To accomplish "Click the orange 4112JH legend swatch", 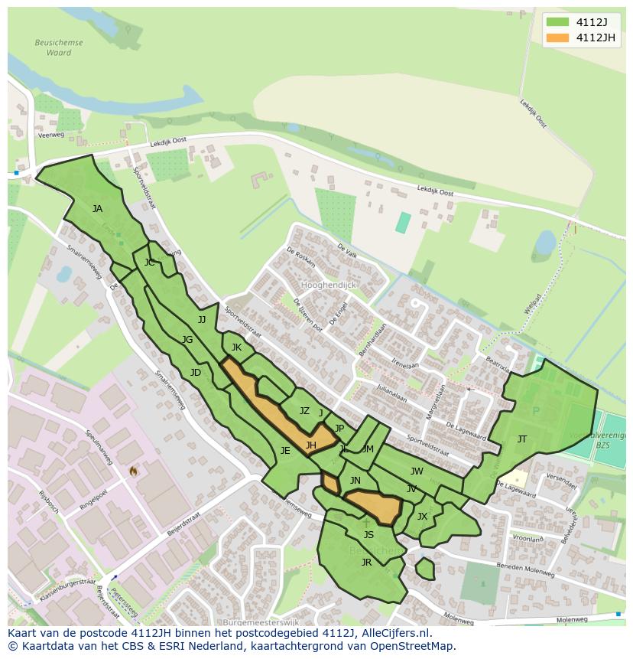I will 558,38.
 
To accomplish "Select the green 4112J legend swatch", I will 558,21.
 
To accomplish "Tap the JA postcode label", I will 97,209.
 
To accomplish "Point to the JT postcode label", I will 522,439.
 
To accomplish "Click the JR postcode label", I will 366,563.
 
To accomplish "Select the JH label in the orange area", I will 311,445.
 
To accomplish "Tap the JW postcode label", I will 417,471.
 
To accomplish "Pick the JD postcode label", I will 196,374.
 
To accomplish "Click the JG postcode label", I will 187,340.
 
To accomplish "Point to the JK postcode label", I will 236,348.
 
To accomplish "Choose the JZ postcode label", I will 304,412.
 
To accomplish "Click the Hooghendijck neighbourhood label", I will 329,285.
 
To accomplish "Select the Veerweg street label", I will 51,135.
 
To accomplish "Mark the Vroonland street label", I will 527,538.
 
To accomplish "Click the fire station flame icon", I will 133,471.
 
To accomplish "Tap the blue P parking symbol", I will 535,411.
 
